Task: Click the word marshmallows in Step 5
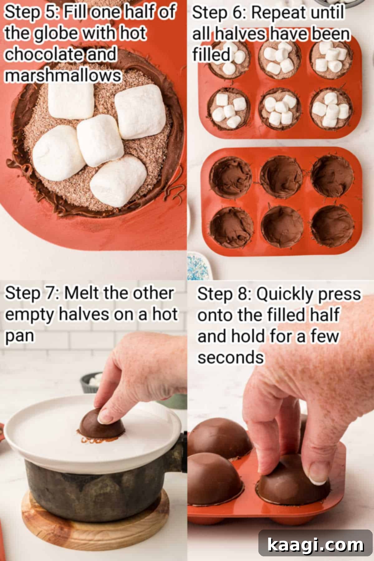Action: click(x=62, y=76)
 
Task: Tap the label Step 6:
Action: click(x=218, y=13)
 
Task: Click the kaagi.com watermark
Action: click(x=315, y=545)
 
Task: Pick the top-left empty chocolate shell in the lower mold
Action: click(x=230, y=175)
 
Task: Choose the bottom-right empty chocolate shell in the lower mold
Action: click(x=332, y=226)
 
